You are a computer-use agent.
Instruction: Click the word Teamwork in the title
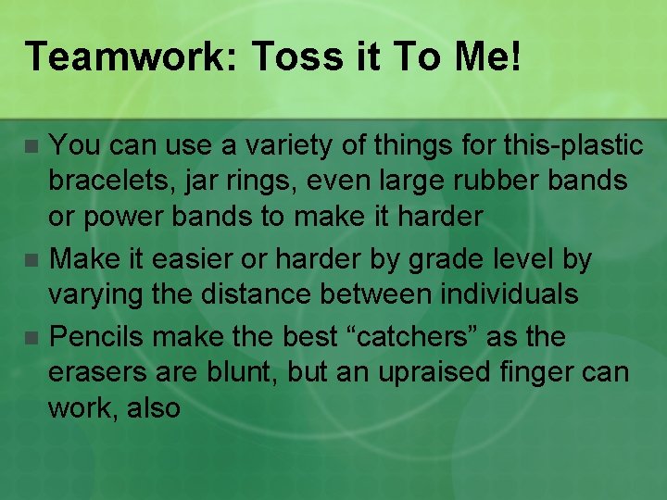129,57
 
